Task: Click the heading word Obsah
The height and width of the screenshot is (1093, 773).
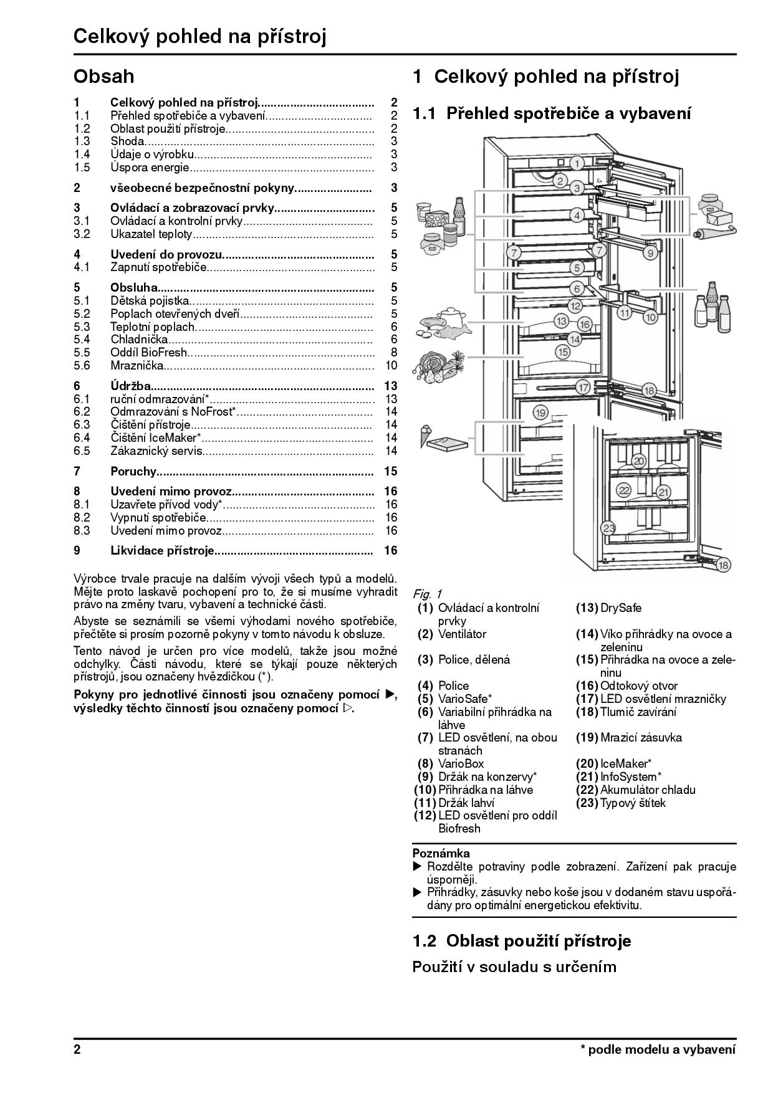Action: [103, 77]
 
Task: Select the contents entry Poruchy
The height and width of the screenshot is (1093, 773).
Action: [133, 471]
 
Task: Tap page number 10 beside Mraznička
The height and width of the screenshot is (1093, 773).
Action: [391, 366]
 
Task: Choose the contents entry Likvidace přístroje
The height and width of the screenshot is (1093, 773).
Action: [162, 551]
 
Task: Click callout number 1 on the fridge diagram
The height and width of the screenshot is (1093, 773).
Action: [577, 164]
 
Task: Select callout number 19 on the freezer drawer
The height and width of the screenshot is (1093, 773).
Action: [540, 412]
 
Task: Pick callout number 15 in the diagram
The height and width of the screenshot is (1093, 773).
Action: [563, 351]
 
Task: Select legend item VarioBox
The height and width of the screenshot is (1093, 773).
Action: [461, 764]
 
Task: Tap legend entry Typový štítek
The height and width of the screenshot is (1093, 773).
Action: [632, 803]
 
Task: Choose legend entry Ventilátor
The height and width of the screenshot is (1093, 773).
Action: [462, 634]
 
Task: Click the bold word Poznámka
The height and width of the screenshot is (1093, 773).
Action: [441, 854]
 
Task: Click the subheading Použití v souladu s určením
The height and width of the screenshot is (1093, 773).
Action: [514, 967]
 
